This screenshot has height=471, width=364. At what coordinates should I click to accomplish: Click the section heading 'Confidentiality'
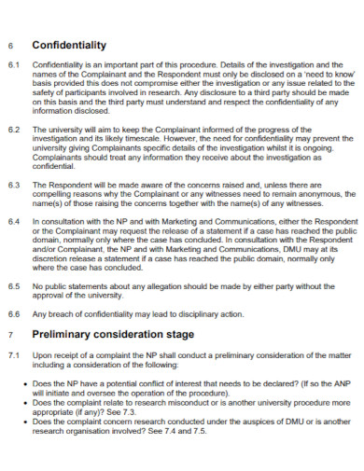pyautogui.click(x=69, y=45)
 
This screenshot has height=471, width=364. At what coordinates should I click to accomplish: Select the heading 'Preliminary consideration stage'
pyautogui.click(x=113, y=333)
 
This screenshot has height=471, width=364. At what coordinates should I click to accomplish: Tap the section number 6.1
pyautogui.click(x=13, y=66)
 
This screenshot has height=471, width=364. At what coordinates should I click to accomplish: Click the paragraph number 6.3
pyautogui.click(x=13, y=185)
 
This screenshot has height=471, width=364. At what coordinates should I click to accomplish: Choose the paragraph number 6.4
pyautogui.click(x=13, y=222)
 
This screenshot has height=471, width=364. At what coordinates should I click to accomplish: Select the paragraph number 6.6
pyautogui.click(x=13, y=313)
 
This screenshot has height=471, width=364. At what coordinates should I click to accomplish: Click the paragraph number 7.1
pyautogui.click(x=13, y=355)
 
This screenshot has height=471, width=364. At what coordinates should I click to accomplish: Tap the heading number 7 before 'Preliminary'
pyautogui.click(x=9, y=334)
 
